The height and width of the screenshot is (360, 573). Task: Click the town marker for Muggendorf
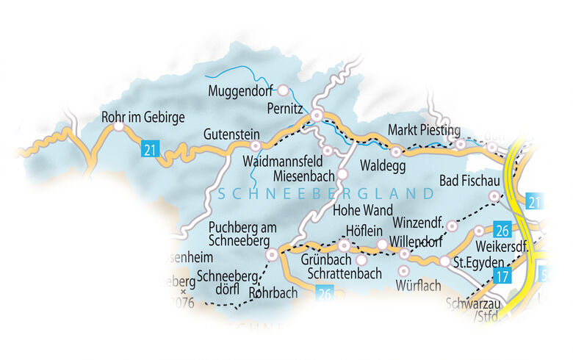283,90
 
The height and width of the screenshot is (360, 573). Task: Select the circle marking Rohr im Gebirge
118,127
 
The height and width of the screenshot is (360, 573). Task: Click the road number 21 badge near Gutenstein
148,151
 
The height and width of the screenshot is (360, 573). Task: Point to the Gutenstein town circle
256,146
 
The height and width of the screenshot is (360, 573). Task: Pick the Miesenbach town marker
342,175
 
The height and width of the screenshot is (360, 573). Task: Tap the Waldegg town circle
397,152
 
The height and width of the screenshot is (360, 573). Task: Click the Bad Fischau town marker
494,195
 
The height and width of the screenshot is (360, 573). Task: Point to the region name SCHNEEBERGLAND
326,194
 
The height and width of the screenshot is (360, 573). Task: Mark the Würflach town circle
402,270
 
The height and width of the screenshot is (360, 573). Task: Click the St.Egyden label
475,261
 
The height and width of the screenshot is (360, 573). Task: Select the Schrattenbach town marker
361,260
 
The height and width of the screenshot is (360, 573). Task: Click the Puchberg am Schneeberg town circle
272,255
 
